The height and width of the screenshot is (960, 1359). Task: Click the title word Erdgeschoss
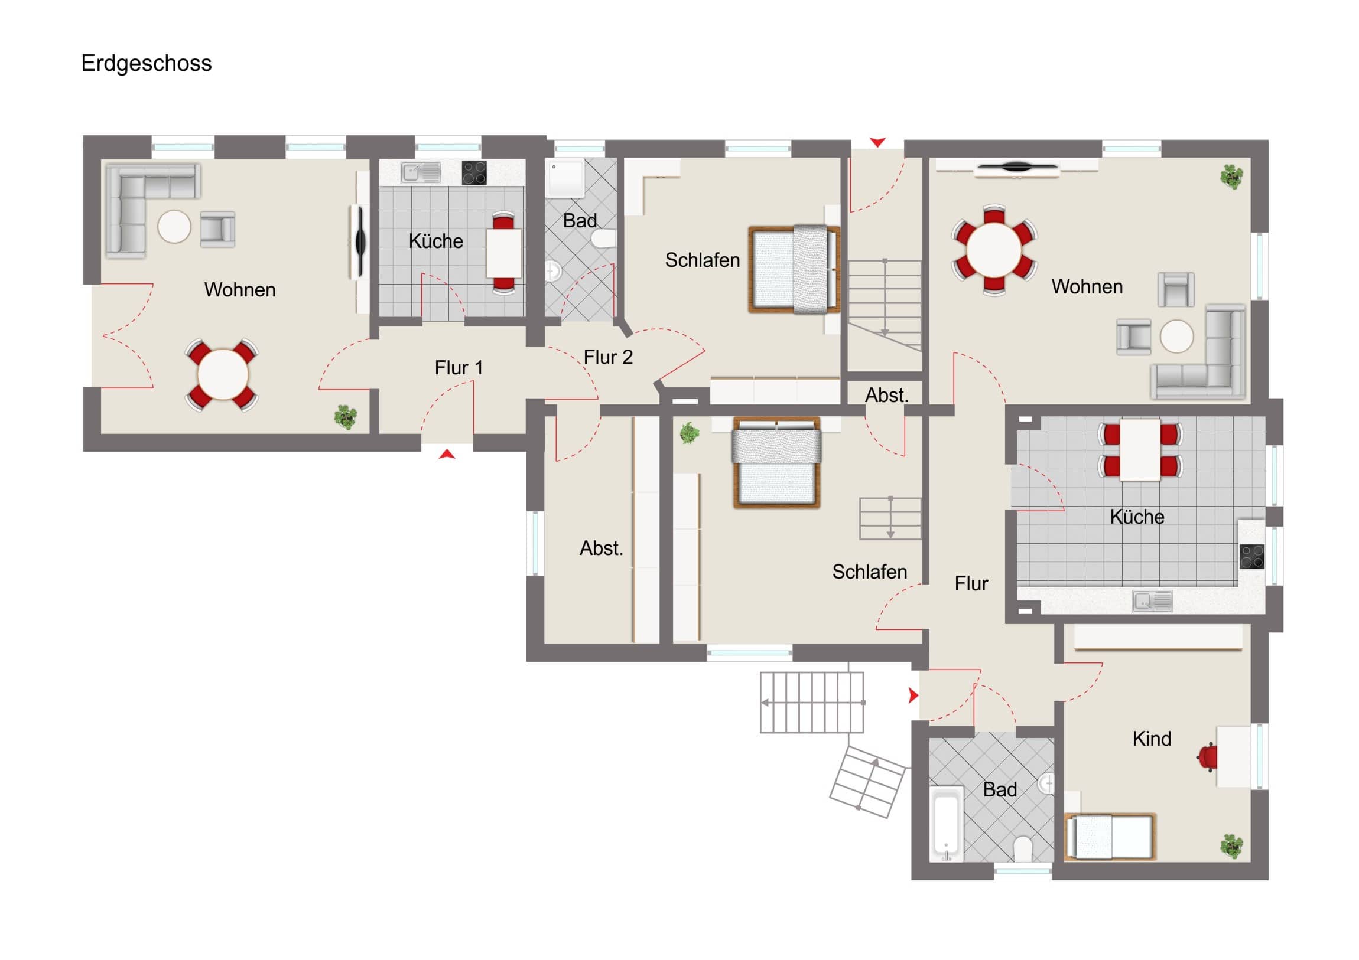tap(146, 63)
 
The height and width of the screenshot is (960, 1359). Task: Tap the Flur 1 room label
tap(459, 367)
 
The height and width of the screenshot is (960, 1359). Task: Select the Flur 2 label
tap(608, 357)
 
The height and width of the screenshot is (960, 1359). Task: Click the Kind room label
tap(1151, 738)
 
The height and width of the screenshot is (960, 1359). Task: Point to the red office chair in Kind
tap(1208, 757)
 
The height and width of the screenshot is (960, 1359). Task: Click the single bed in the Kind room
tap(1110, 837)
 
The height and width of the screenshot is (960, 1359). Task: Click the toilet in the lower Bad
tap(1023, 849)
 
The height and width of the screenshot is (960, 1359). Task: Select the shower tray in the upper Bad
tap(566, 178)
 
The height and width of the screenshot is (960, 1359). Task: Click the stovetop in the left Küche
tap(474, 173)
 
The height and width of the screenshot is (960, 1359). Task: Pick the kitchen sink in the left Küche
tap(421, 173)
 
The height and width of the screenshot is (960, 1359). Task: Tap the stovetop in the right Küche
tap(1252, 556)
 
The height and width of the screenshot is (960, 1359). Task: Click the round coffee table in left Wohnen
tap(174, 227)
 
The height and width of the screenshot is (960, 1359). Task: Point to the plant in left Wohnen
tap(346, 417)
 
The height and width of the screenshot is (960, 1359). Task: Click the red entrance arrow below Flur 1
tap(447, 453)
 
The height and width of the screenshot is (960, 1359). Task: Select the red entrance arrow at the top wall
tap(877, 142)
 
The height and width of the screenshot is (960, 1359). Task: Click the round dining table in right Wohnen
tap(994, 249)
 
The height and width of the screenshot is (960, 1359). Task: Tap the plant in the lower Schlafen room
tap(689, 433)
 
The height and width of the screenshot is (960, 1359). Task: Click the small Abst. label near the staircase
tap(886, 395)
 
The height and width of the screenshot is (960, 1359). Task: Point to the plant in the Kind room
tap(1232, 847)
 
